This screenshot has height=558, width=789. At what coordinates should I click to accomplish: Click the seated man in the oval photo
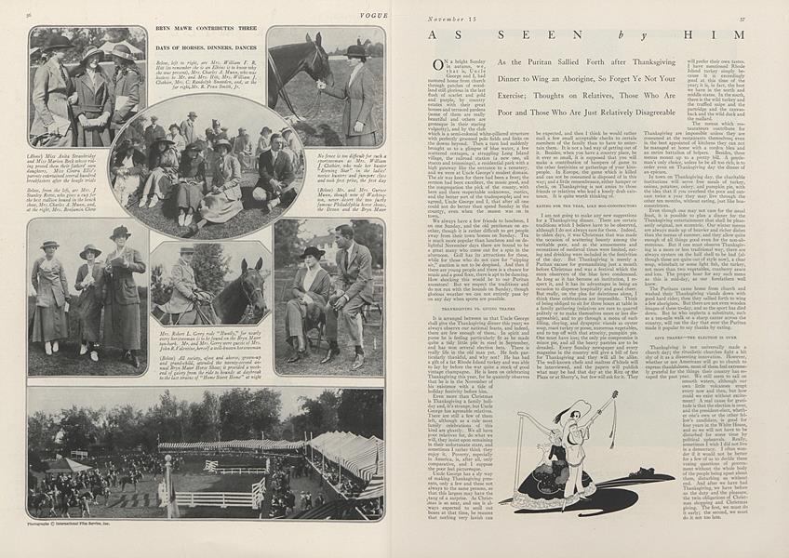coord(272,167)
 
